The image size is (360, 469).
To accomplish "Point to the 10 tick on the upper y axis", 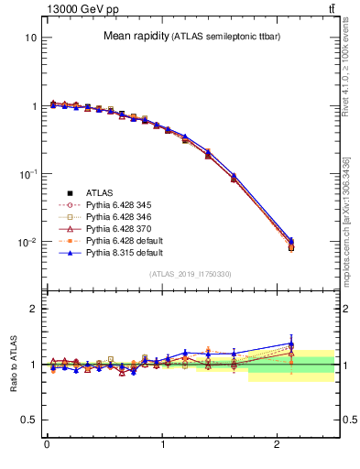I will coord(30,38).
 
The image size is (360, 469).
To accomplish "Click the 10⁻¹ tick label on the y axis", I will coord(27,174).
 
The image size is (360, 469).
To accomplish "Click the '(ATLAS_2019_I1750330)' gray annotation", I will coord(190,274).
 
